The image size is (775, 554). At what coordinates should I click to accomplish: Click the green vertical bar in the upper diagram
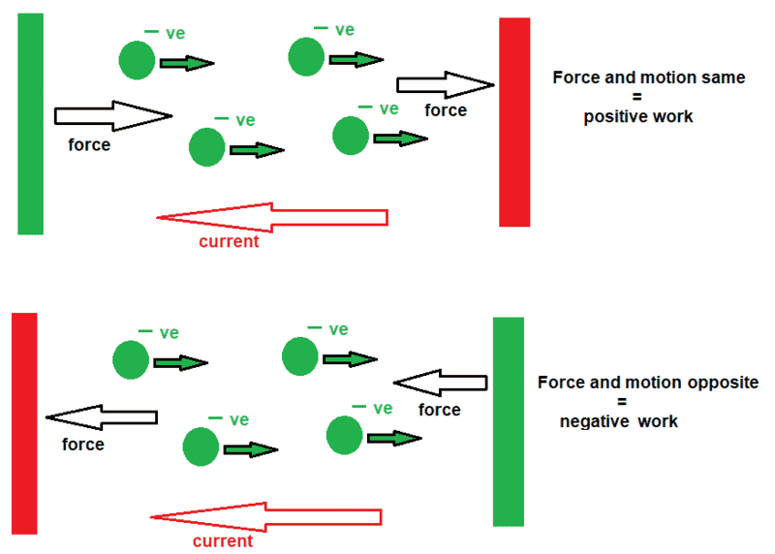(x=31, y=124)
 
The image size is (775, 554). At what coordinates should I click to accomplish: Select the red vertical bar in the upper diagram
(x=514, y=122)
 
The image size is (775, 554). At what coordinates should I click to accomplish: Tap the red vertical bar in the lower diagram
(x=24, y=423)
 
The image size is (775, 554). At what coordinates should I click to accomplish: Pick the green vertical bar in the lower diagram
(x=508, y=421)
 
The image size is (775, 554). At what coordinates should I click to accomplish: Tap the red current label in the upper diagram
(x=229, y=242)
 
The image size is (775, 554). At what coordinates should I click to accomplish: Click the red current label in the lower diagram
(x=223, y=541)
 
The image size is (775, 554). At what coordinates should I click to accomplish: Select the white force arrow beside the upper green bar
(x=112, y=116)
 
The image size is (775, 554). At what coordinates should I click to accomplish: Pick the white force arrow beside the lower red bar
(x=102, y=417)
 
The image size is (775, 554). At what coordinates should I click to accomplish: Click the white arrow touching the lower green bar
(x=441, y=385)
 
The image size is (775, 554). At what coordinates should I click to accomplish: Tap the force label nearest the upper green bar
(x=89, y=146)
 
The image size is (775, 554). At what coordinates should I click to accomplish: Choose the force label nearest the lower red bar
(x=82, y=446)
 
